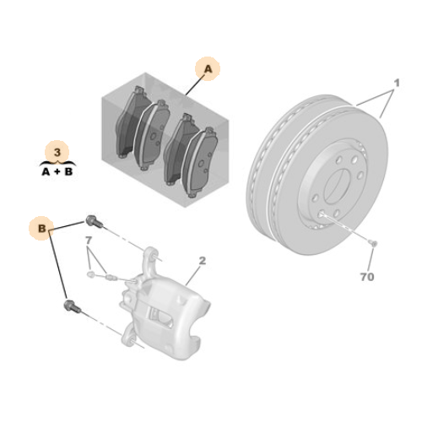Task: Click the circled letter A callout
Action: coord(207,68)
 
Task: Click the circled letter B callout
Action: coord(43,228)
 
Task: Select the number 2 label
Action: coord(202,262)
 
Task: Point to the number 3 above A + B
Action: coord(57,152)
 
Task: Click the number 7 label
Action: coord(87,241)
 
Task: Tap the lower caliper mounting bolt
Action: coord(70,306)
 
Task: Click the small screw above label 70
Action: coord(374,246)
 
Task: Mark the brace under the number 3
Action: coord(57,160)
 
